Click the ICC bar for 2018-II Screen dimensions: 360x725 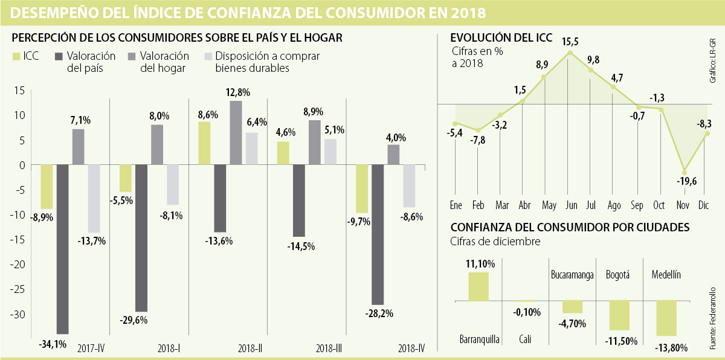pos(204,143)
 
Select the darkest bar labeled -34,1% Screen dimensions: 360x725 pos(62,249)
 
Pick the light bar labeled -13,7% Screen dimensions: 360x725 pos(94,199)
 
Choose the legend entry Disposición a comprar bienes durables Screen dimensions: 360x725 pos(262,62)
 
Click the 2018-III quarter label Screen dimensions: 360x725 pos(330,349)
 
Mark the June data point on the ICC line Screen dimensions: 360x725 pos(569,53)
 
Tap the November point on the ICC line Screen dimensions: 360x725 pos(685,172)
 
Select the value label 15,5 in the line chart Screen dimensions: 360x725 pos(569,41)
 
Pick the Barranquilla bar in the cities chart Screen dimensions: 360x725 pos(478,286)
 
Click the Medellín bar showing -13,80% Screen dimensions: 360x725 pos(666,318)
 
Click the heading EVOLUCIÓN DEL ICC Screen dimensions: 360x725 pos(501,38)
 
